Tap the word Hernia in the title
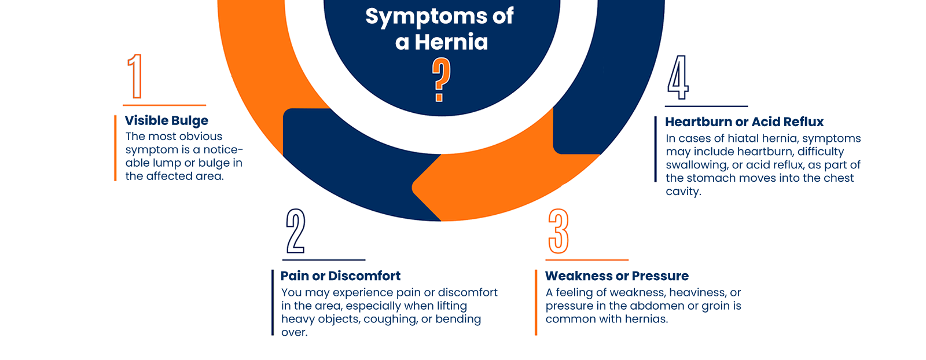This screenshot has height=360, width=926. (x=451, y=42)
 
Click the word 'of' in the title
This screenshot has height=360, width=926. (x=503, y=16)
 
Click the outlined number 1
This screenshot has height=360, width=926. (x=135, y=76)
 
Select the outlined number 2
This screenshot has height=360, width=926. (x=296, y=231)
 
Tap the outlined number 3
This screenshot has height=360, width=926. (x=558, y=232)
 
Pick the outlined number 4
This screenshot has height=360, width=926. (x=678, y=78)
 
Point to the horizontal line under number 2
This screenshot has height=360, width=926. (x=324, y=260)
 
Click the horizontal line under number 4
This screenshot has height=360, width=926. (x=705, y=106)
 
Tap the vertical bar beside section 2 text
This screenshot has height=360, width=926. (x=273, y=302)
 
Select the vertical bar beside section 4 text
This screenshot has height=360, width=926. (x=656, y=149)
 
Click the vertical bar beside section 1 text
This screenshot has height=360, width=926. (x=116, y=148)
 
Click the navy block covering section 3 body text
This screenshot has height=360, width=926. (x=642, y=305)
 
